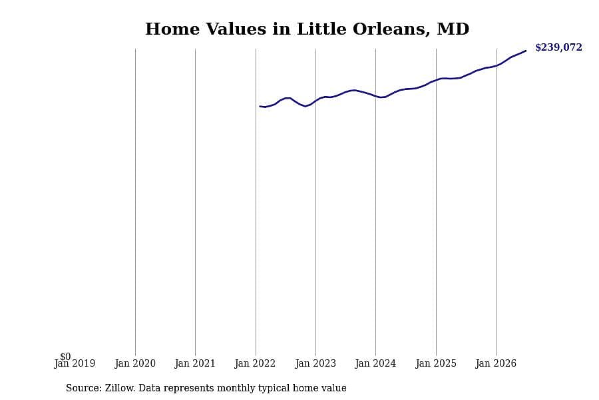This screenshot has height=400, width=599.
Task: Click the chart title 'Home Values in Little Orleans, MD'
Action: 307,29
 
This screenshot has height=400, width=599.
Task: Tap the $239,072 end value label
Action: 558,47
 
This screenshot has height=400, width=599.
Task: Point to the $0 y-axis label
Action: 65,357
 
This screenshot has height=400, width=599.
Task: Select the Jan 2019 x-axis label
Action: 75,363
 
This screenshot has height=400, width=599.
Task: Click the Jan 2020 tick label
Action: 135,363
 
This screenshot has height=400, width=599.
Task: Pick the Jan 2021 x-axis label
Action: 195,363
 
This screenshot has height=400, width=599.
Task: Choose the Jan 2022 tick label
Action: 255,363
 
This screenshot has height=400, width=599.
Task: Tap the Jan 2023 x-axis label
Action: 315,363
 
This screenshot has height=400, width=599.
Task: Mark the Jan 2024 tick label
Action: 375,363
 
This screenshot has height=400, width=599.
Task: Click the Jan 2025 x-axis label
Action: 436,363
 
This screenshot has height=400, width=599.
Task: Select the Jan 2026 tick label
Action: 496,363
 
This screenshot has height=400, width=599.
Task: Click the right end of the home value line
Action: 526,51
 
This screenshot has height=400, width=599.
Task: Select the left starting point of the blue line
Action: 260,106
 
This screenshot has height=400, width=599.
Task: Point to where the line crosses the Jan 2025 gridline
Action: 436,79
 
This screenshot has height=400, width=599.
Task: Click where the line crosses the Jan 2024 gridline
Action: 376,96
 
